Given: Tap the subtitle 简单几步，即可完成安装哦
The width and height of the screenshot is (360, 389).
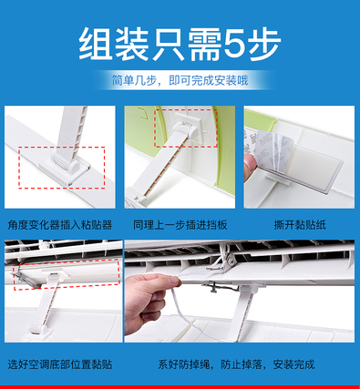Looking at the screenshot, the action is coord(180,80).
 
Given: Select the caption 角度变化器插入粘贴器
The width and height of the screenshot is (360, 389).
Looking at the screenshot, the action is coord(60,225).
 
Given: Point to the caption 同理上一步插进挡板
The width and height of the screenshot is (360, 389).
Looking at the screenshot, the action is coord(180,225).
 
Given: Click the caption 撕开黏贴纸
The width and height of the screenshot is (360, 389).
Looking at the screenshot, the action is coord(300,225).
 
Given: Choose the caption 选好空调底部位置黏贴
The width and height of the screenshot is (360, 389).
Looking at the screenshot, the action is coord(60,363).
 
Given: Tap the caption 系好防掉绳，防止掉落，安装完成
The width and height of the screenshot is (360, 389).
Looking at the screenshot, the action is coord(236,363).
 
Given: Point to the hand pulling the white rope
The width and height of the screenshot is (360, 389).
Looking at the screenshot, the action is coord(149,298).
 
